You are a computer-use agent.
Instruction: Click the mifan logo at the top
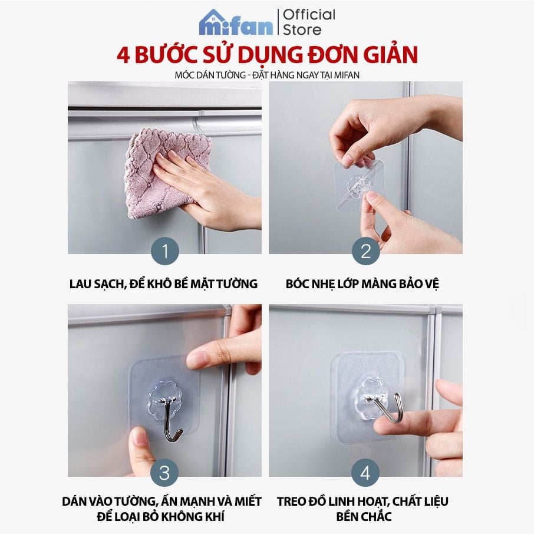point(236,22)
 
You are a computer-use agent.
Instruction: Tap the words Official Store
point(309,22)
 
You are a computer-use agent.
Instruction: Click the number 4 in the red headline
point(124,55)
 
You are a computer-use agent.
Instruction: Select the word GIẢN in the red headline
point(386,55)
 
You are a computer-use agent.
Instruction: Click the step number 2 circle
point(365,252)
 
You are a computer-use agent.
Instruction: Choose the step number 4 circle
point(365,473)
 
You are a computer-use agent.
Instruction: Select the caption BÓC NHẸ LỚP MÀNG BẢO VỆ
point(362,284)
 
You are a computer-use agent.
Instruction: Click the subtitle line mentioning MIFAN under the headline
point(267,75)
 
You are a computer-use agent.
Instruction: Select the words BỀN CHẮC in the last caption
point(362,517)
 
